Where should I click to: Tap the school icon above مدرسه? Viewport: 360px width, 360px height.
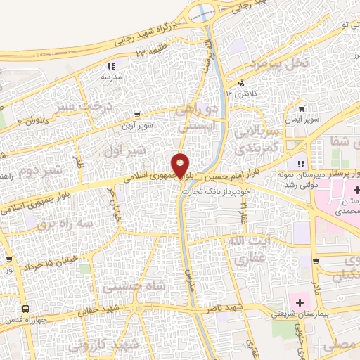pos(114,65)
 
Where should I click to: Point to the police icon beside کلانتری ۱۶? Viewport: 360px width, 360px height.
pos(247,83)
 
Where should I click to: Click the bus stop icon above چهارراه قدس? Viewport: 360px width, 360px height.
pos(26,309)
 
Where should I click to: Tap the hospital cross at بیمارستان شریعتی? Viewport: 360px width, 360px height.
pos(300,303)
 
